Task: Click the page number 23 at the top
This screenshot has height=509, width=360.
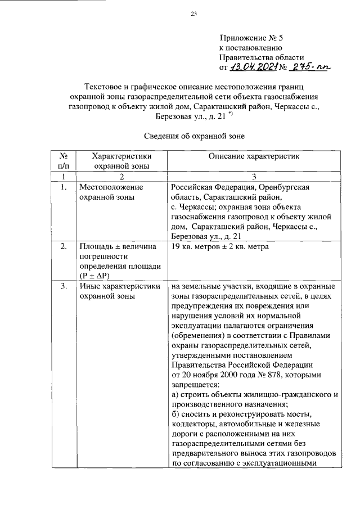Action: coord(194,15)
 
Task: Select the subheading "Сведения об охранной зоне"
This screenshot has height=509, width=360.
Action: coord(193,136)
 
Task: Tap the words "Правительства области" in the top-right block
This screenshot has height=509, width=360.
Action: coord(262,58)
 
